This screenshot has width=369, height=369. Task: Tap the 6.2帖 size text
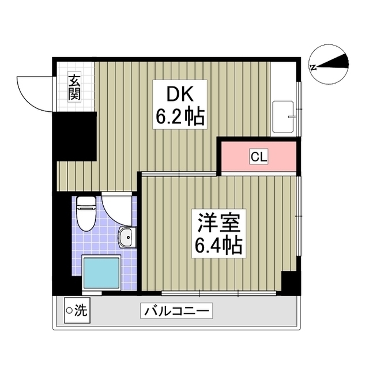[x=180, y=118]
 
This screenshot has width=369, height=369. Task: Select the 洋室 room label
[x=214, y=223]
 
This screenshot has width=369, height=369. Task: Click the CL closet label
[x=258, y=156]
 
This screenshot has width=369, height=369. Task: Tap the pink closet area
[x=236, y=156]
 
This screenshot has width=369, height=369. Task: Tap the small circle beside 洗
[x=70, y=312]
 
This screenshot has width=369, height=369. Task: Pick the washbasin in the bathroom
[x=127, y=237]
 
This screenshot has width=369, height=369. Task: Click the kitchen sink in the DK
[x=283, y=117]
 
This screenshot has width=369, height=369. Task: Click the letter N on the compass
[x=313, y=67]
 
